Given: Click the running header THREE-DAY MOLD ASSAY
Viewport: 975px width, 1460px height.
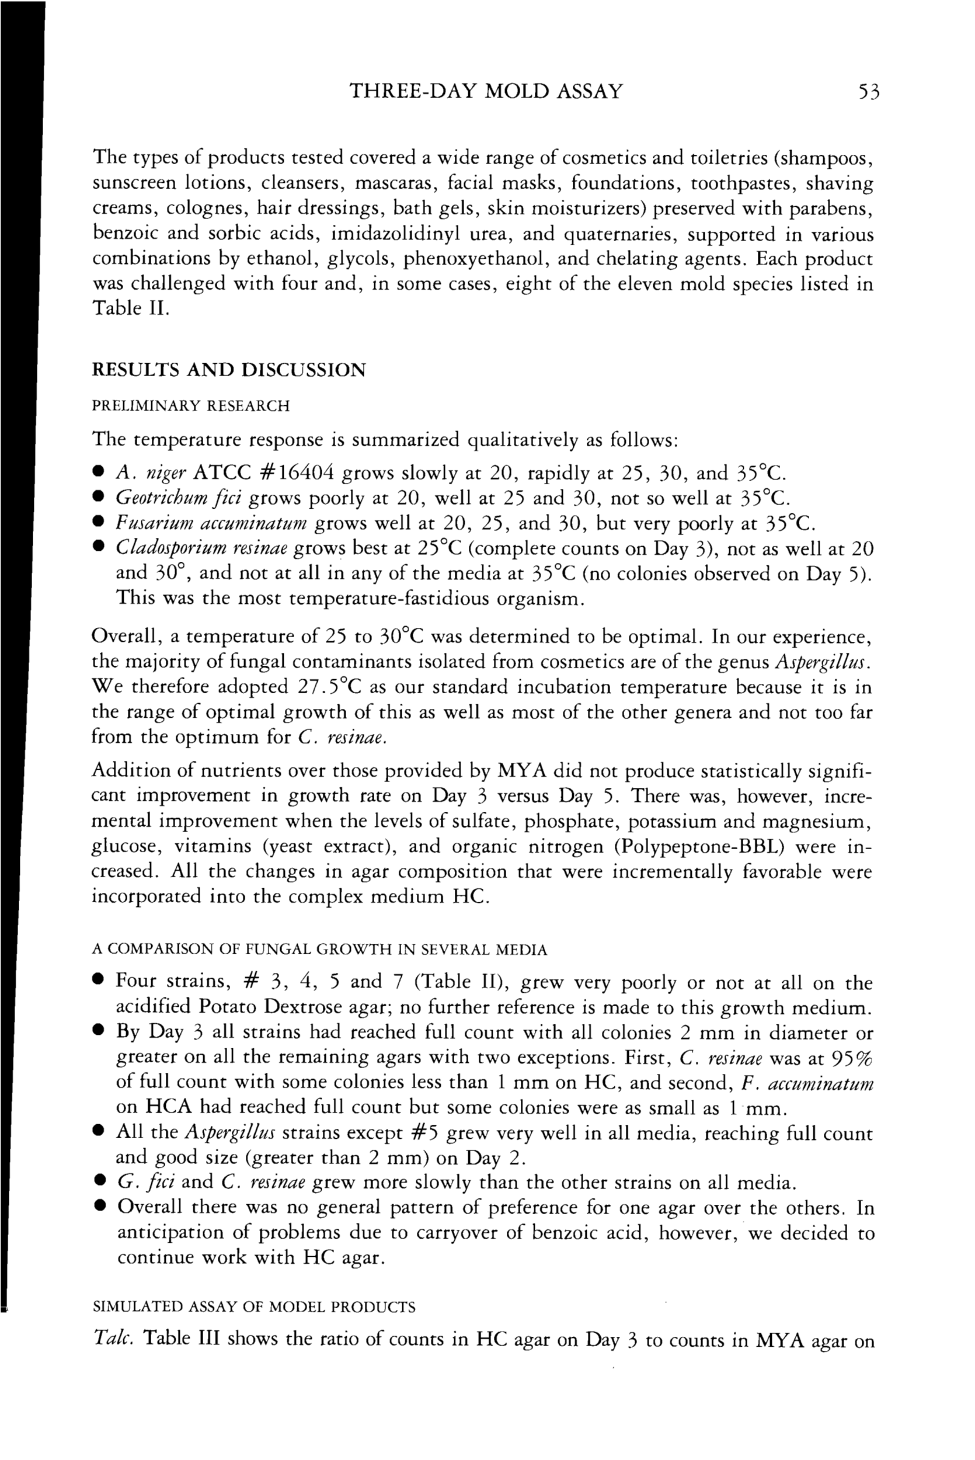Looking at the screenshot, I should coord(486,92).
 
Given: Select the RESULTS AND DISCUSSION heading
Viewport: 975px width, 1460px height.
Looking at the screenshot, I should coord(229,370).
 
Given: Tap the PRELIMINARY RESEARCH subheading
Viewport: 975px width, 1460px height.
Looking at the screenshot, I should coord(190,406).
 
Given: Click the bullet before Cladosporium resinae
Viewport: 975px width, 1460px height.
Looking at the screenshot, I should coord(97,549).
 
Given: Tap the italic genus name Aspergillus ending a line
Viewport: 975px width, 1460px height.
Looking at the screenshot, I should coord(822,662).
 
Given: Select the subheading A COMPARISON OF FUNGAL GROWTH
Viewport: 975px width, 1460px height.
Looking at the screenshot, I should coord(319,950).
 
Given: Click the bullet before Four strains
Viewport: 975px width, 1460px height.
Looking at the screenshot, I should coord(97,982).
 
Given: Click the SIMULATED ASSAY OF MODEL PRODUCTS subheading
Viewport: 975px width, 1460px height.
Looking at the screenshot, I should coord(254,1307).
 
